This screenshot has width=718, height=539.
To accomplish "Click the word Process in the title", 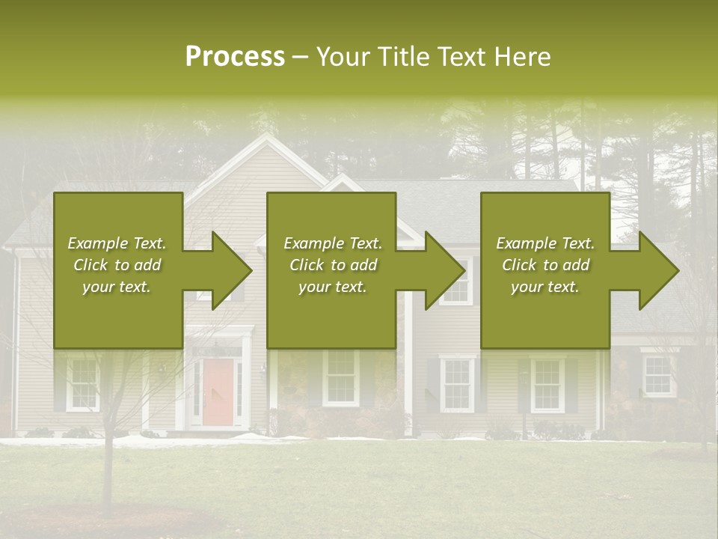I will (x=235, y=57).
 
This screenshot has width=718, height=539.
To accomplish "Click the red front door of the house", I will (x=218, y=392).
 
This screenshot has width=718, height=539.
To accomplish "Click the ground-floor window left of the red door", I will (x=82, y=383).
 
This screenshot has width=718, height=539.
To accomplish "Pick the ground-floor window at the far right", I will (x=657, y=376).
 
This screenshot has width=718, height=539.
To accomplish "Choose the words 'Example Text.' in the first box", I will (x=117, y=243).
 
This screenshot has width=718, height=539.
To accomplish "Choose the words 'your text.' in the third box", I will (x=544, y=287).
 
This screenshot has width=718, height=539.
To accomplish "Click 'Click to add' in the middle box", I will (x=333, y=265).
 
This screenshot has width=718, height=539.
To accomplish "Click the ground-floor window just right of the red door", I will (x=340, y=378).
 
